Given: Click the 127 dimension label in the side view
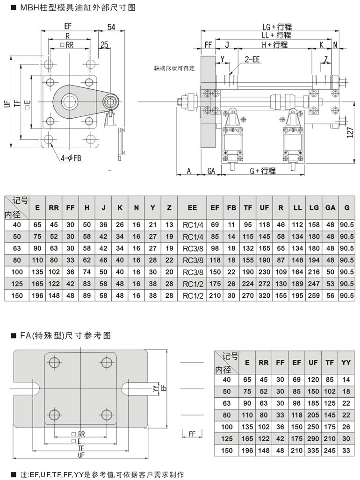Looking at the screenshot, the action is click(x=351, y=132).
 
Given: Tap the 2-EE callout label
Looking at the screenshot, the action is click(x=252, y=59).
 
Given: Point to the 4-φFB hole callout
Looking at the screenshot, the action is click(x=71, y=158).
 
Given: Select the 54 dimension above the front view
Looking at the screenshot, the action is click(x=111, y=27).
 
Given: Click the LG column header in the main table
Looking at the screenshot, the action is click(x=314, y=208).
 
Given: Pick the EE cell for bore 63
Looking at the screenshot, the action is click(x=193, y=249).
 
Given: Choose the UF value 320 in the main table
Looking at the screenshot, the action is click(x=264, y=296).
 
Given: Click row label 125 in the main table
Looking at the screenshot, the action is click(x=17, y=284).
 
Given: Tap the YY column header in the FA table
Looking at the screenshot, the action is click(x=346, y=362).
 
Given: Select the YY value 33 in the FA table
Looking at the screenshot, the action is click(x=346, y=451).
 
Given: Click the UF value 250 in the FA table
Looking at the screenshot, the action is click(x=313, y=427).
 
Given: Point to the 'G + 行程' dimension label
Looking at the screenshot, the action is click(x=263, y=171).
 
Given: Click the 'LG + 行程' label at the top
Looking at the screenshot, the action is click(x=277, y=27).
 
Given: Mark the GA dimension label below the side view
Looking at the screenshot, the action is click(x=211, y=171).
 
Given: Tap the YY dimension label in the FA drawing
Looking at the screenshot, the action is click(x=156, y=388).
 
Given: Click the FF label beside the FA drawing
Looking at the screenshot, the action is click(x=192, y=434).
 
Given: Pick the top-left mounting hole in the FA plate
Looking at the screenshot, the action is click(x=55, y=363).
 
